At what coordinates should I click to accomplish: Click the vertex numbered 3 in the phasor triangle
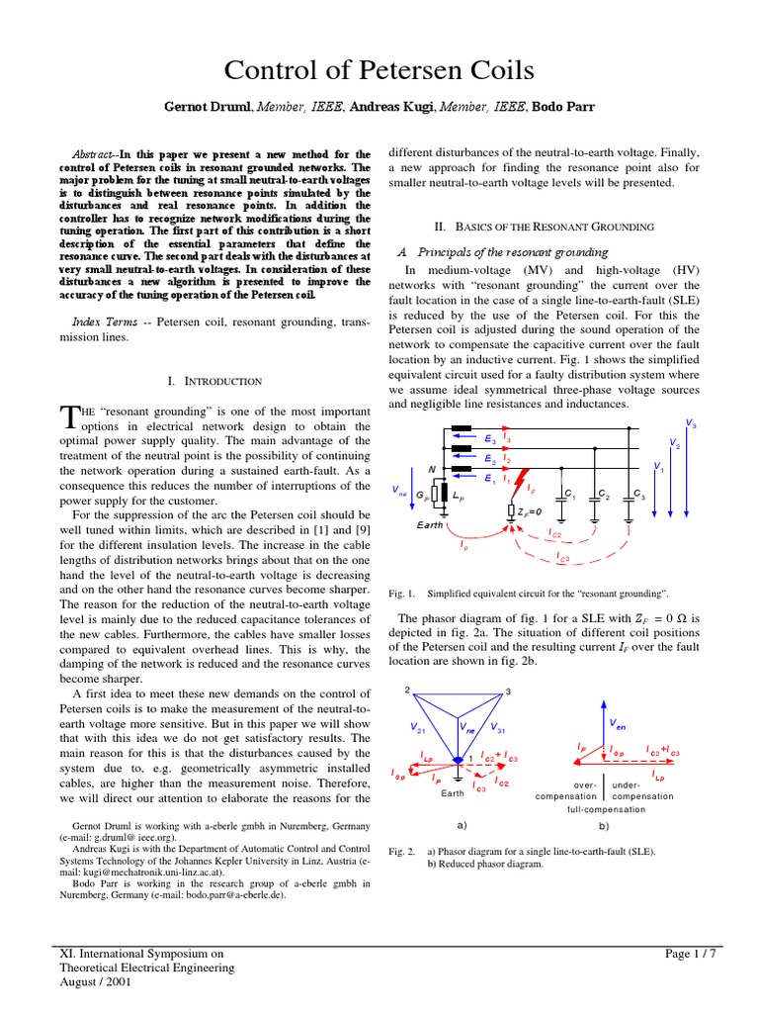(506, 691)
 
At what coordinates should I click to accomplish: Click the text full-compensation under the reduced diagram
(606, 809)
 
